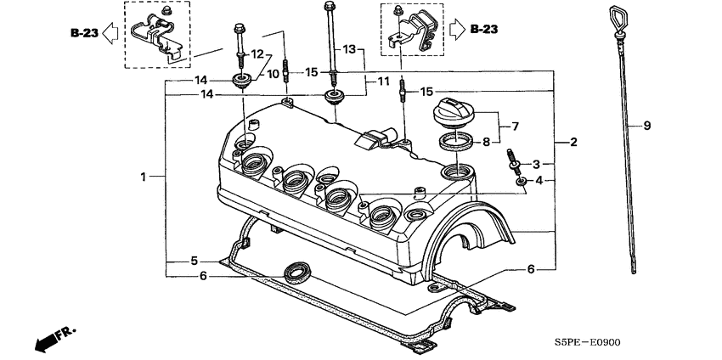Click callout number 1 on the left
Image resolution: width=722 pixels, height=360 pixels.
click(145, 177)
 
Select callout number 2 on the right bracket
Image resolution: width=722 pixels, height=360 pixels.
click(573, 142)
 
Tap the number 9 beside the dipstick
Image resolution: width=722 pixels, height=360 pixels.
click(646, 126)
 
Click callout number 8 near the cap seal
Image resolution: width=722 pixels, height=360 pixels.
click(486, 143)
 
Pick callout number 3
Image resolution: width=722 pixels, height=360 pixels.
click(536, 163)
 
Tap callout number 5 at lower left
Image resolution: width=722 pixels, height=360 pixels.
click(194, 261)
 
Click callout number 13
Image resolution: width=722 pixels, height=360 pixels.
click(347, 51)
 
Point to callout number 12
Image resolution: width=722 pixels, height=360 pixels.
click(257, 54)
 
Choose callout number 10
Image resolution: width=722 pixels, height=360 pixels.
click(274, 75)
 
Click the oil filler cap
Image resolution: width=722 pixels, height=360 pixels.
click(456, 110)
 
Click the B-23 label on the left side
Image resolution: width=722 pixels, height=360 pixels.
click(84, 32)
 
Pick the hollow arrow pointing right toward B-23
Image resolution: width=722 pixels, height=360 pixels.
click(455, 29)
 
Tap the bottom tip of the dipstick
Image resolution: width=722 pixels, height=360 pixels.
click(635, 272)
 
